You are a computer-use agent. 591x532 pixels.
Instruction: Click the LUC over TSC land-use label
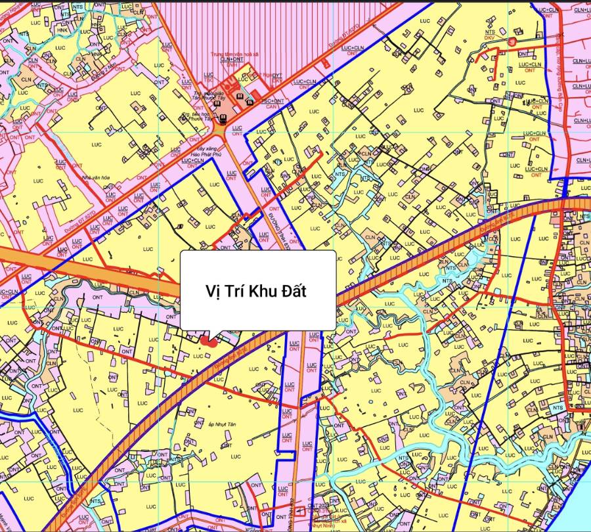209,78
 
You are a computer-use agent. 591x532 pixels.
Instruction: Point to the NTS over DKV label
490,35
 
